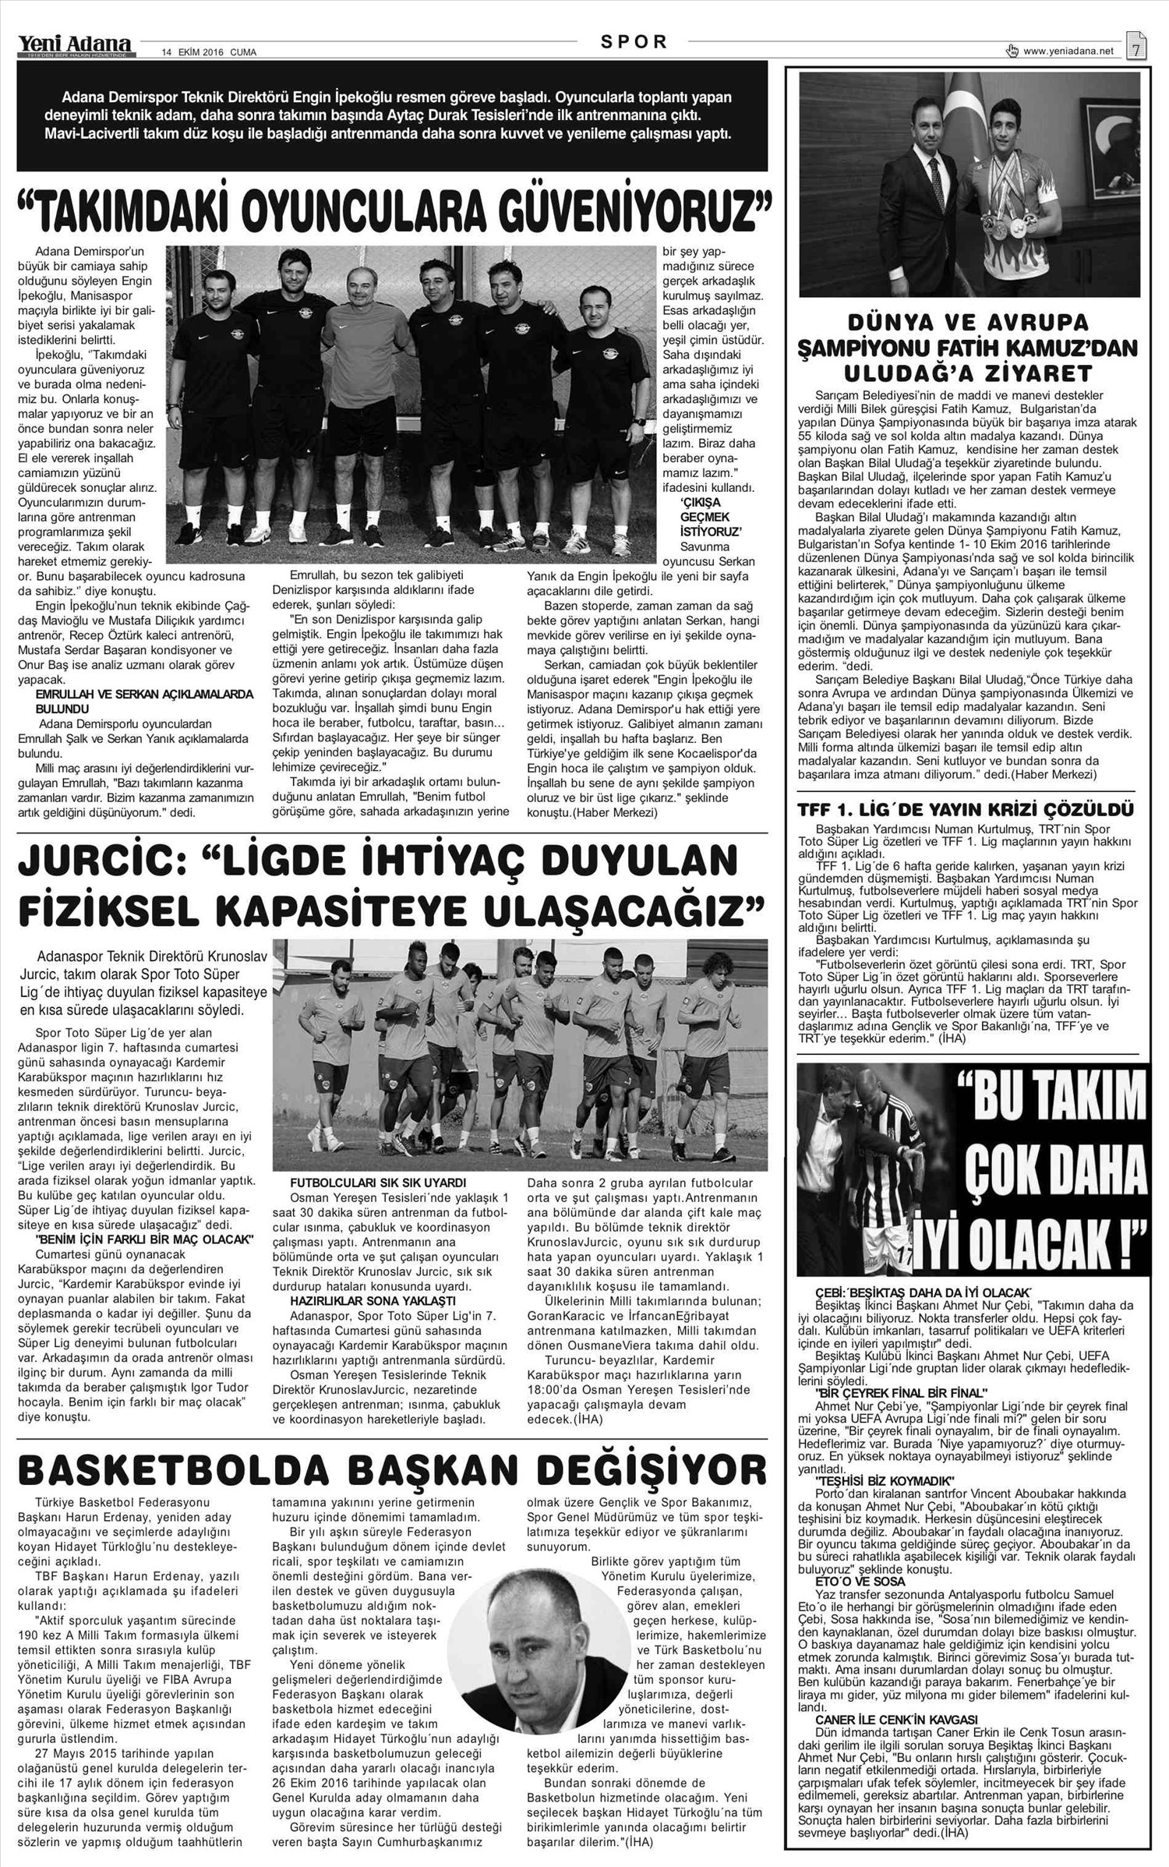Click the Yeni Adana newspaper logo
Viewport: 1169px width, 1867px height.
click(76, 46)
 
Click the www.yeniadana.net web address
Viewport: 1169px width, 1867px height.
click(1068, 51)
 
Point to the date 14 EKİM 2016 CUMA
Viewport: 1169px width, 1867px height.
click(209, 52)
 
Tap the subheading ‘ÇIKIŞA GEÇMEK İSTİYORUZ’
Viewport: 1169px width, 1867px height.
click(705, 516)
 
